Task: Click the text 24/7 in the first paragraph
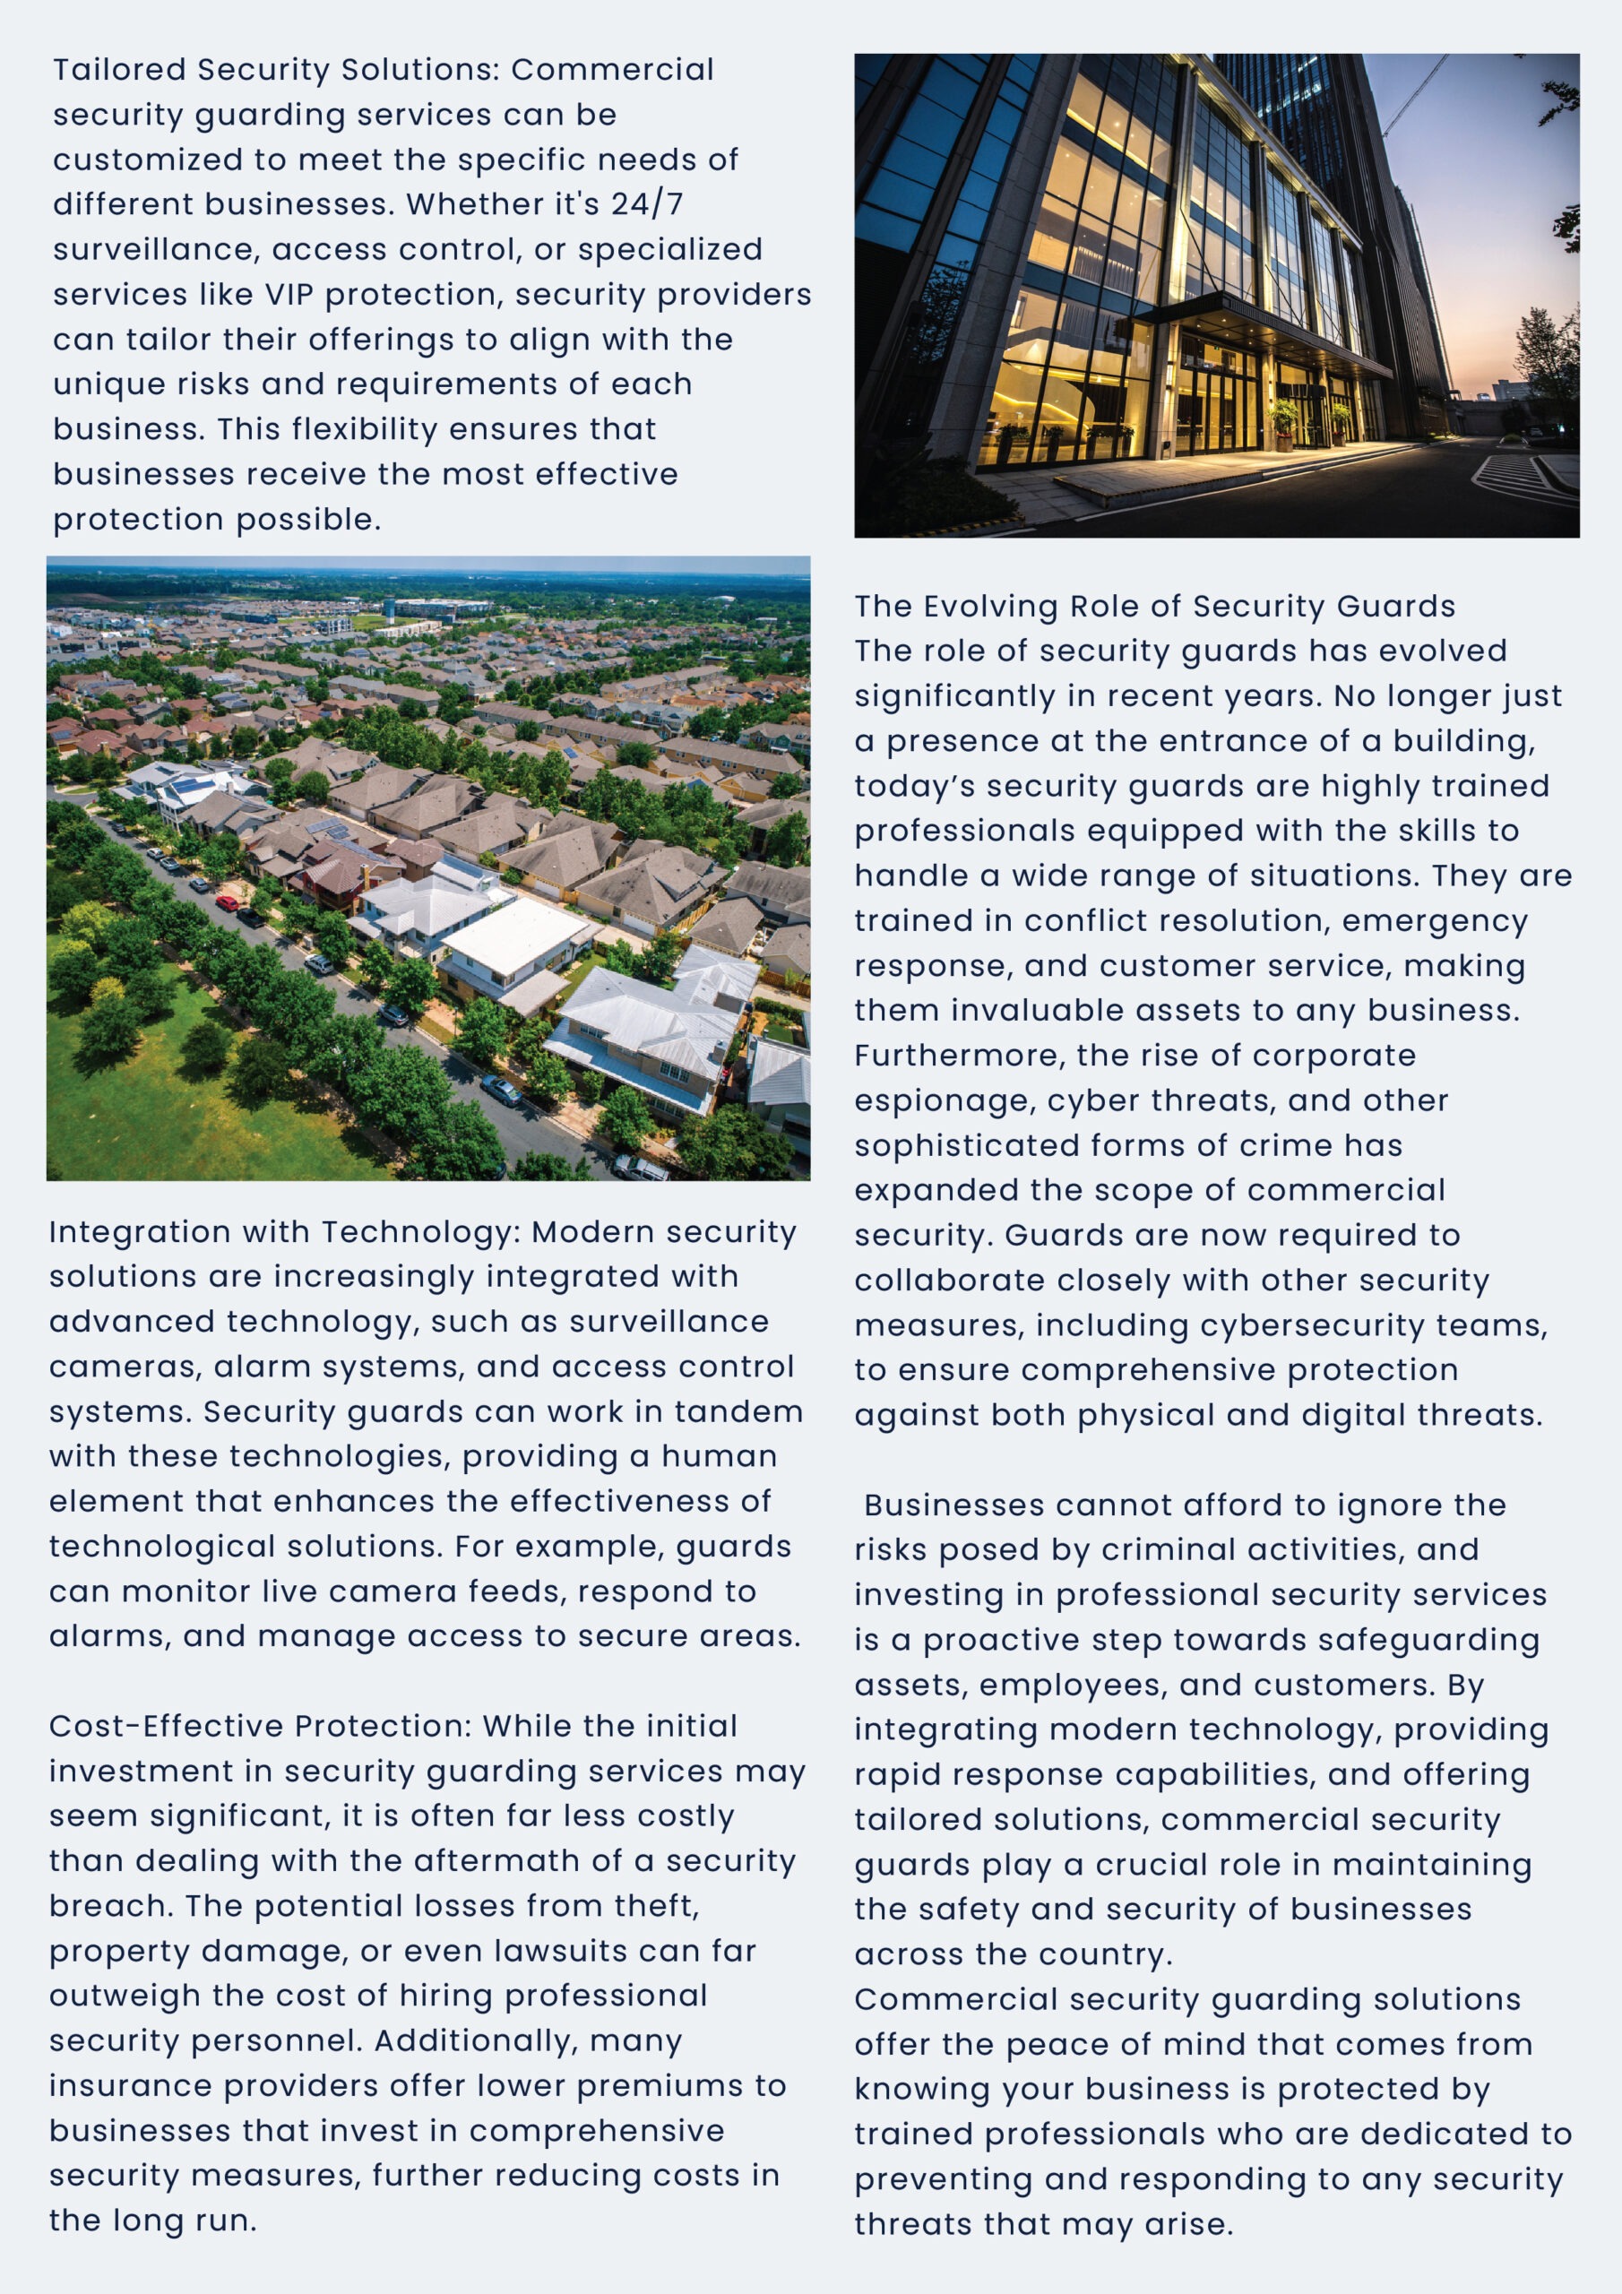(647, 203)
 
